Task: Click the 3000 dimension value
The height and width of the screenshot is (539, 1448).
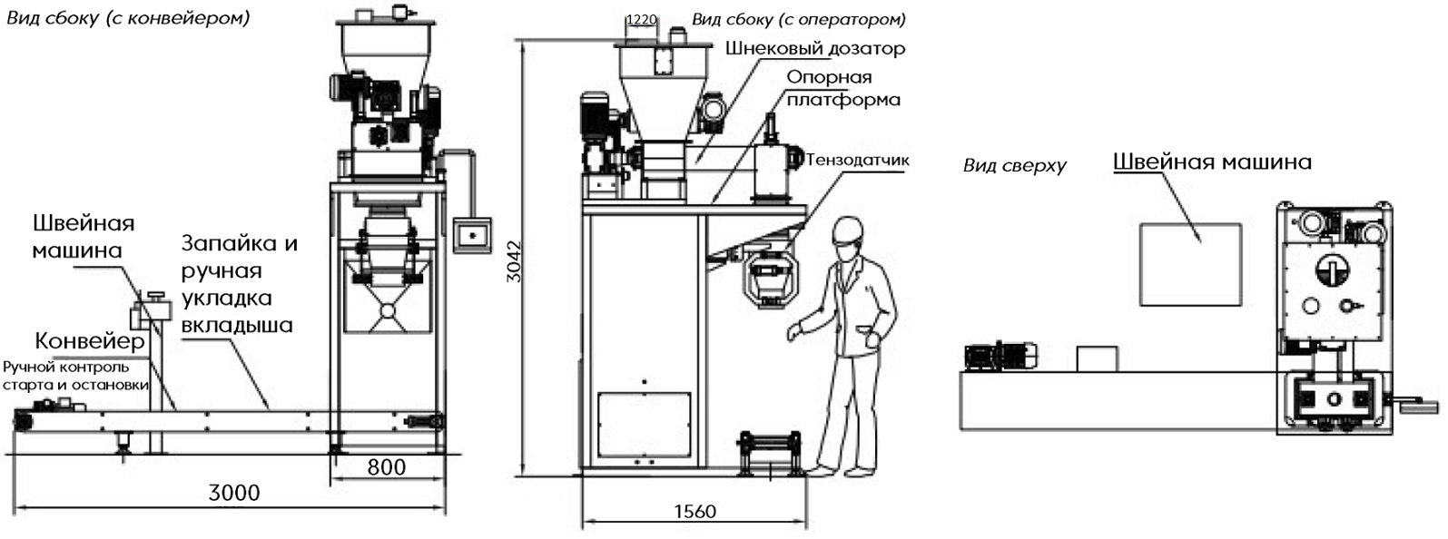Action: click(234, 493)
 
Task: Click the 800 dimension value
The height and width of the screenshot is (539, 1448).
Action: click(387, 467)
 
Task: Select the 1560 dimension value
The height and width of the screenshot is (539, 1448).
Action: click(694, 512)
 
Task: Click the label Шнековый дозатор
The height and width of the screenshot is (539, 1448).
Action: click(814, 48)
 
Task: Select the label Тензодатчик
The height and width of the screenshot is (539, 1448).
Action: click(858, 161)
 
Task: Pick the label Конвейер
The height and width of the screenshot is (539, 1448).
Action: click(90, 341)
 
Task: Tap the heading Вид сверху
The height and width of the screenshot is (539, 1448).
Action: click(1014, 165)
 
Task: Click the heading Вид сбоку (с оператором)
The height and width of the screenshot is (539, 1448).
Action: click(798, 19)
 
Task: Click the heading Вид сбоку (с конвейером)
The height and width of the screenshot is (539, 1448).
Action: click(128, 17)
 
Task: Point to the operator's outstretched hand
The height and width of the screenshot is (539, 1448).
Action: click(793, 332)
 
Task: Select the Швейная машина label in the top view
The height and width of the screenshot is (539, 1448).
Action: click(1211, 162)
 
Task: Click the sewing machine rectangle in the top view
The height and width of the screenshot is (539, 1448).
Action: click(1190, 264)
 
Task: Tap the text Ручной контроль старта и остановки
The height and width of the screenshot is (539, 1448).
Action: click(74, 376)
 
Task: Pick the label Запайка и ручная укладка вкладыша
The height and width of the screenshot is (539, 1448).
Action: click(238, 284)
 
